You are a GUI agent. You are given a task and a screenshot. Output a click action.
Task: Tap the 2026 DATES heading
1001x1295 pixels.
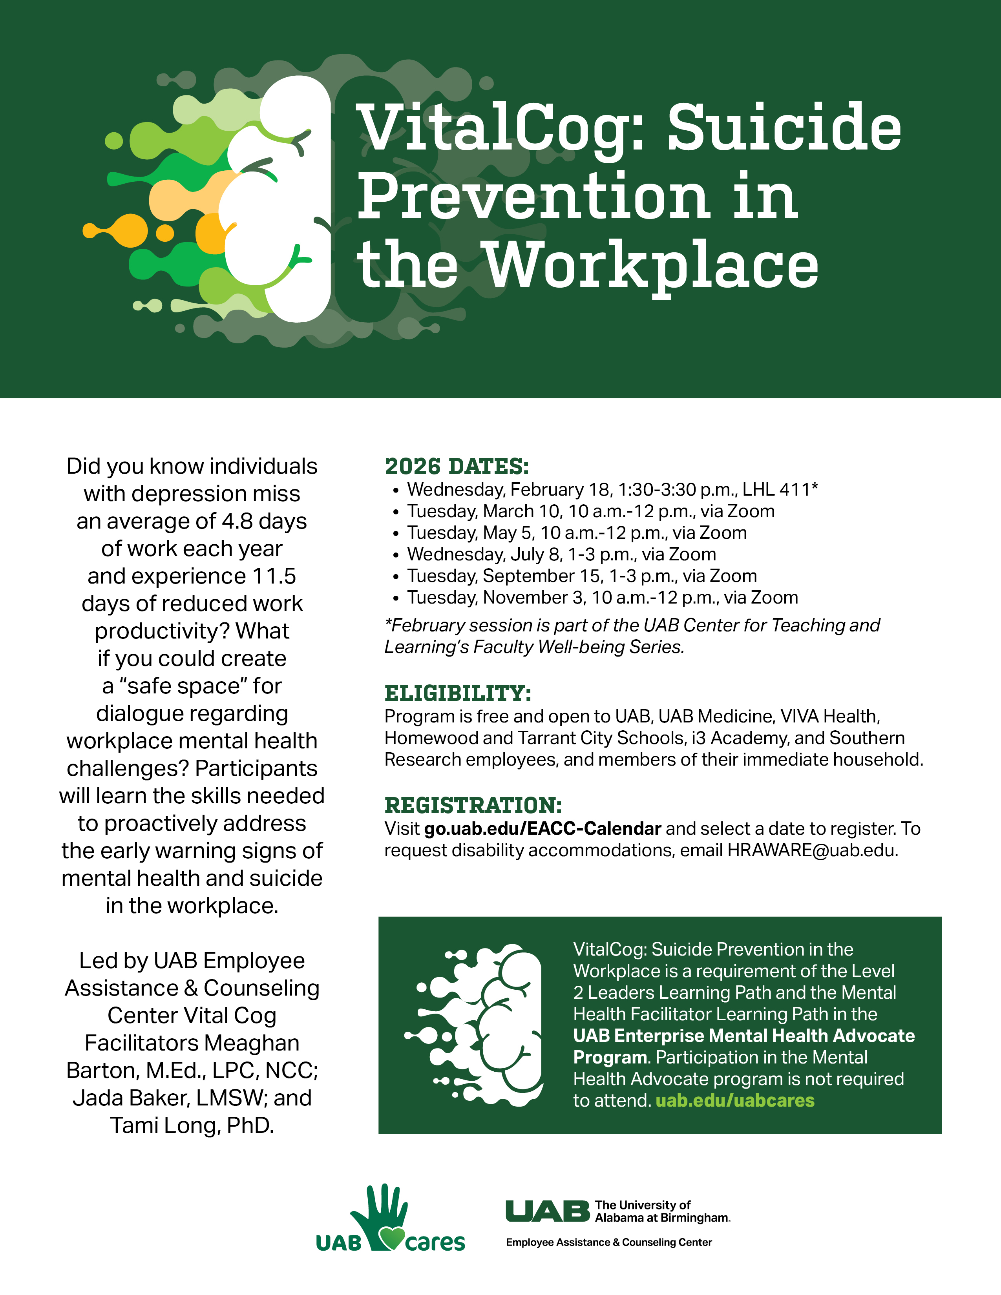(x=457, y=467)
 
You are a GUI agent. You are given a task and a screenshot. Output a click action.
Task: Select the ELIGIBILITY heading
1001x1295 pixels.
(x=458, y=693)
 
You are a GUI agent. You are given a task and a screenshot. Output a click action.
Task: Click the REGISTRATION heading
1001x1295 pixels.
(x=473, y=806)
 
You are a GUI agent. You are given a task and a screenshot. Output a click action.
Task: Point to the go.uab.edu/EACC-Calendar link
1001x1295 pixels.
(x=543, y=828)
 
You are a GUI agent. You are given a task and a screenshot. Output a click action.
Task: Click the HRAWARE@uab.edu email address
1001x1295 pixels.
(x=813, y=850)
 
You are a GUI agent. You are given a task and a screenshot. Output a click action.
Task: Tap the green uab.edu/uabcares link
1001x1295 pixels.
(x=735, y=1100)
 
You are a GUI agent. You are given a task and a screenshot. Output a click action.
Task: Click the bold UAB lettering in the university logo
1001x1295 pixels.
(x=547, y=1211)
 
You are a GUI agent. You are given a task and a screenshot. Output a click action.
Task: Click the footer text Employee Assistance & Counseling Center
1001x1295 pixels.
(x=608, y=1242)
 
